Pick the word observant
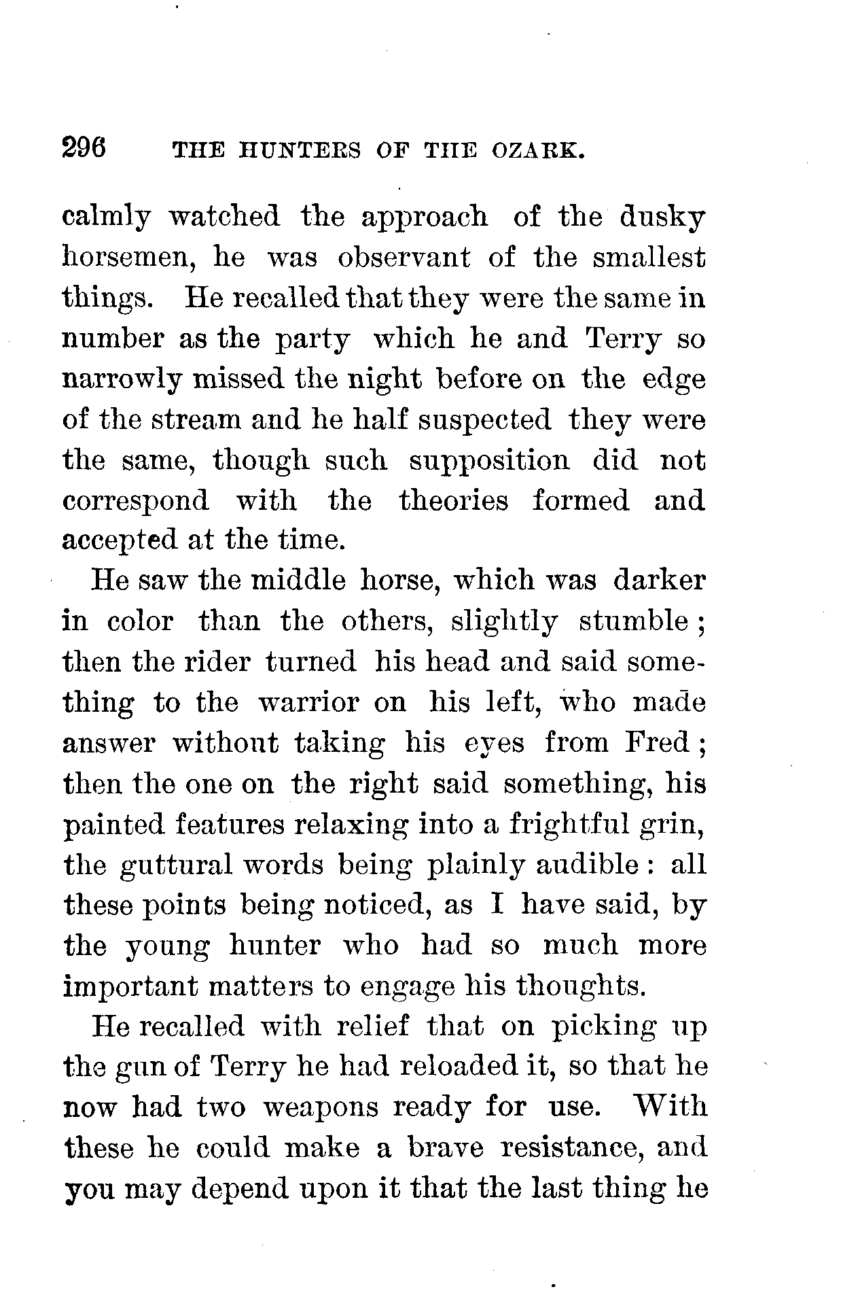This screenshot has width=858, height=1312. click(404, 258)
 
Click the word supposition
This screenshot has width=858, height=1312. click(489, 460)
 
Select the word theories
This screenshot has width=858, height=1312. click(453, 501)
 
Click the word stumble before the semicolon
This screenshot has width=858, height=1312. click(633, 621)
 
